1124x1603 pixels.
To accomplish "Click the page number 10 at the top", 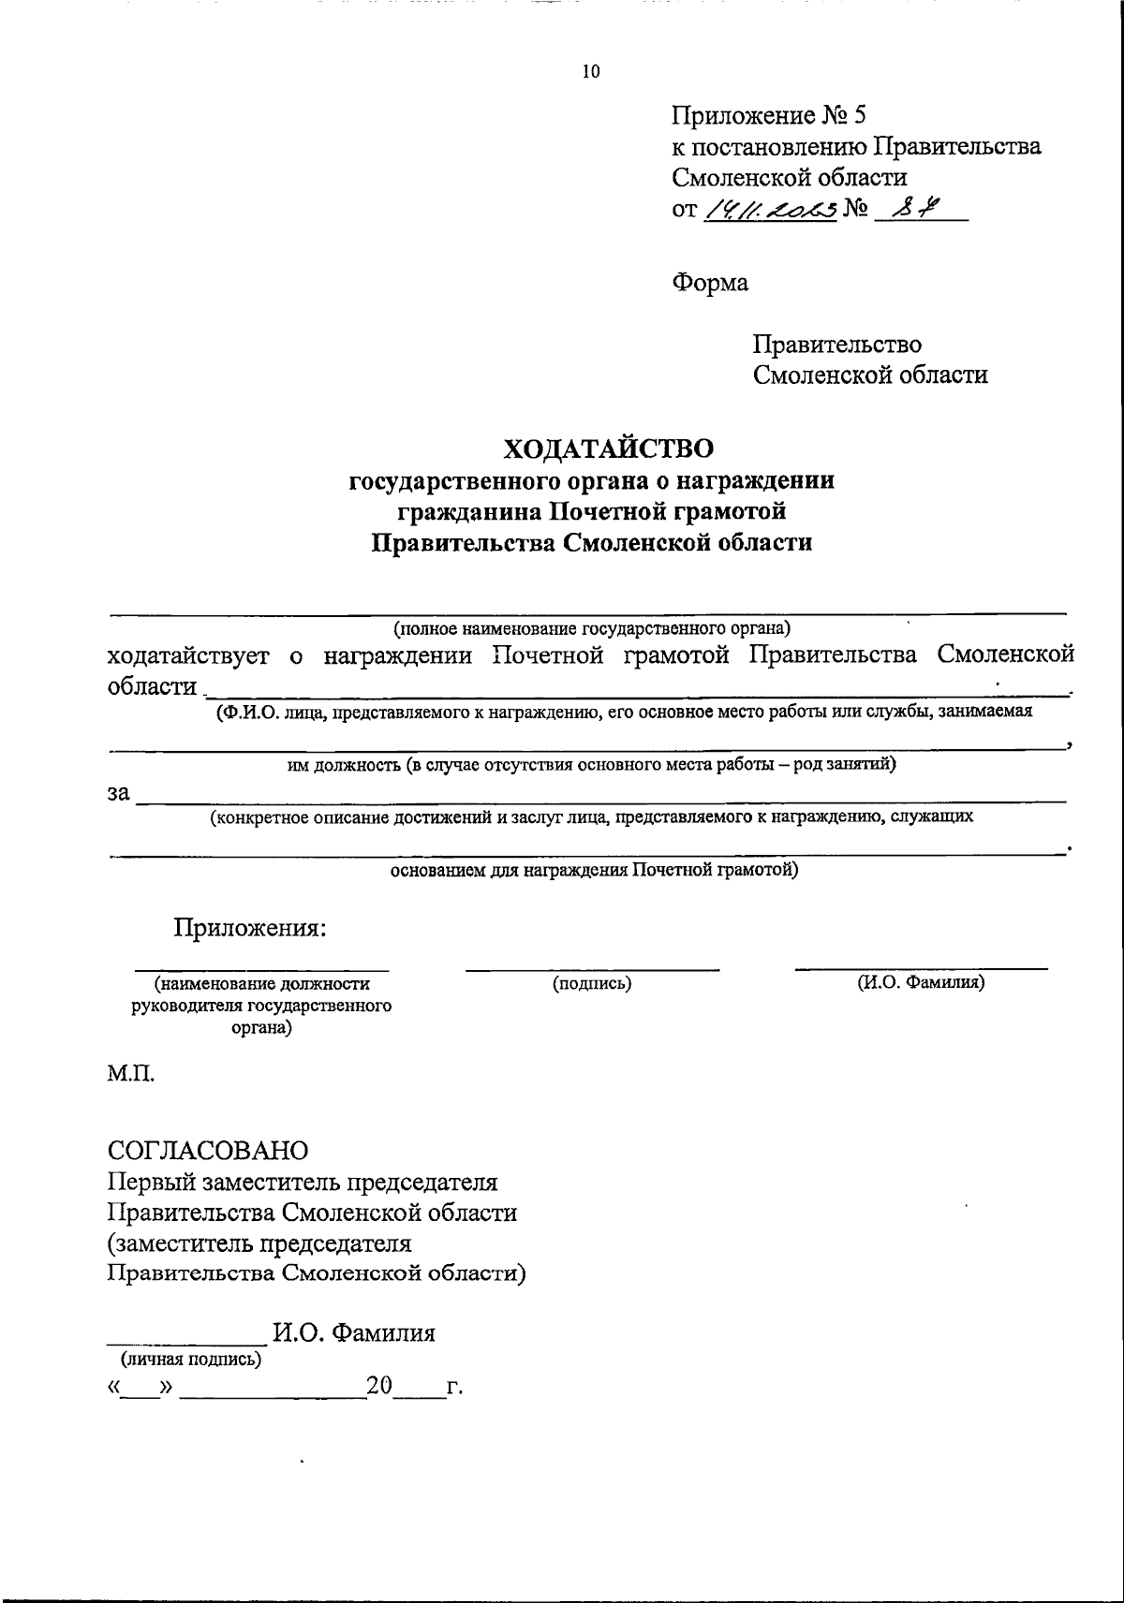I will pos(590,72).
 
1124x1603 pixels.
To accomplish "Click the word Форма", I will pos(710,281).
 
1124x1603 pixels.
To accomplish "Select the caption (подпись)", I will pos(592,983).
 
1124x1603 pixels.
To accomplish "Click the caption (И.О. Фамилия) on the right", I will pos(921,983).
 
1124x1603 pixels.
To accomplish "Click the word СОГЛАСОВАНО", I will pos(208,1149).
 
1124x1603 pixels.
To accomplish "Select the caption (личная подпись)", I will pos(186,1359).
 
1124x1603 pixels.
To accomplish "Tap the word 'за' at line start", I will pos(118,793).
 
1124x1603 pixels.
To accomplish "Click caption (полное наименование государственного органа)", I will pos(592,626).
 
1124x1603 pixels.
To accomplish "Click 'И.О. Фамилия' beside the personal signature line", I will pos(353,1332).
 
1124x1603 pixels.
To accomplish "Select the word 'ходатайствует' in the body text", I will pos(188,655).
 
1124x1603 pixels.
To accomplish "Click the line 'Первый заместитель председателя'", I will pos(303,1182).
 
